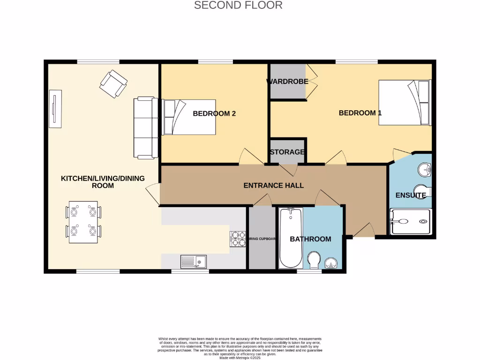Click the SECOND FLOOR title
click(x=238, y=6)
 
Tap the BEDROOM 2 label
click(x=214, y=113)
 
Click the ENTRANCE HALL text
click(x=273, y=186)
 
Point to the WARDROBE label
click(x=287, y=82)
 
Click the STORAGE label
click(x=287, y=152)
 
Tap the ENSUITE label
click(x=411, y=195)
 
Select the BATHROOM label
click(x=310, y=239)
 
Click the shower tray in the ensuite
click(x=410, y=221)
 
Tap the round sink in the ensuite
click(x=426, y=169)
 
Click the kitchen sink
click(x=193, y=261)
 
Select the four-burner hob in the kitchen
click(x=238, y=239)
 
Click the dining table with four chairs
click(x=83, y=222)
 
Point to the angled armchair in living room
click(x=113, y=84)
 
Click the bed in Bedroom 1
click(x=404, y=103)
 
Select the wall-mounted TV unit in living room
click(x=56, y=109)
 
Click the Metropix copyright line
click(x=240, y=358)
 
